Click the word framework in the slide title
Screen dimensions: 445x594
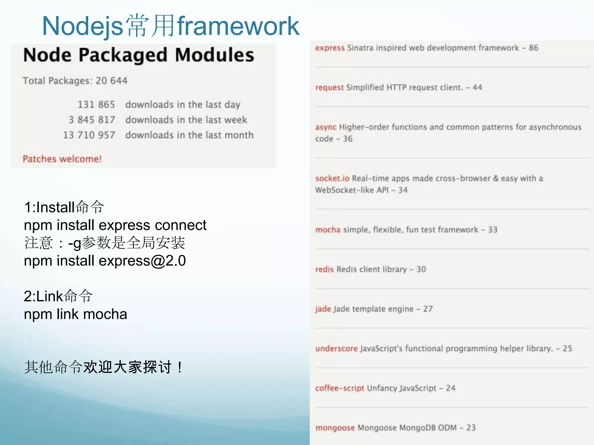pyautogui.click(x=238, y=26)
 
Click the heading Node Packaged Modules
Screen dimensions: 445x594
pyautogui.click(x=139, y=55)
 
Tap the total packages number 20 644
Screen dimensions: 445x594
pyautogui.click(x=111, y=81)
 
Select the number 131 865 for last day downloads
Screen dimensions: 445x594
pyautogui.click(x=96, y=105)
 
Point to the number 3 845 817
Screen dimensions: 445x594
pyautogui.click(x=92, y=120)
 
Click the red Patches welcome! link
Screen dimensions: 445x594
pyautogui.click(x=62, y=159)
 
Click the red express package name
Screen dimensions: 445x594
pyautogui.click(x=330, y=48)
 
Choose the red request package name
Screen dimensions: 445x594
pyautogui.click(x=329, y=87)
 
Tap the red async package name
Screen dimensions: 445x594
pyautogui.click(x=325, y=127)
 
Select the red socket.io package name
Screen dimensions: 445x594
pyautogui.click(x=332, y=178)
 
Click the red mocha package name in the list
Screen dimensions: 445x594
pyautogui.click(x=328, y=230)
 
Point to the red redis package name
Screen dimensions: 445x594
pyautogui.click(x=324, y=269)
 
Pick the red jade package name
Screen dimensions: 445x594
pyautogui.click(x=323, y=309)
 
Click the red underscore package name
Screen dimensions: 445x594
pyautogui.click(x=336, y=349)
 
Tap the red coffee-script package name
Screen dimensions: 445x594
pyautogui.click(x=339, y=388)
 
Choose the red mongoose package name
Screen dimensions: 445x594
pyautogui.click(x=335, y=428)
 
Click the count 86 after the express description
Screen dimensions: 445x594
pyautogui.click(x=533, y=48)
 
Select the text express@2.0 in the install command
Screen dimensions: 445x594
pyautogui.click(x=142, y=261)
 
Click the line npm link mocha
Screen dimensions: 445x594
pyautogui.click(x=75, y=314)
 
